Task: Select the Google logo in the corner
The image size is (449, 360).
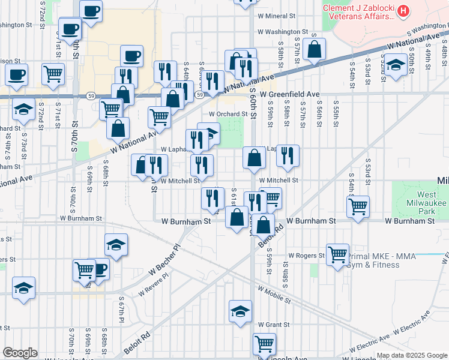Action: pyautogui.click(x=20, y=353)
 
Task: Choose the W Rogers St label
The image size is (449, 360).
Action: pyautogui.click(x=306, y=255)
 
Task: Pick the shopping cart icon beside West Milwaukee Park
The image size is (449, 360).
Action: pyautogui.click(x=358, y=206)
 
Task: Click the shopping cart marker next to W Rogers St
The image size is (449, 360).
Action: pyautogui.click(x=338, y=253)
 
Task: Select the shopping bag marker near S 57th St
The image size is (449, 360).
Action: pyautogui.click(x=314, y=49)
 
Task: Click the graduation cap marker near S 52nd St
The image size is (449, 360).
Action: pyautogui.click(x=396, y=64)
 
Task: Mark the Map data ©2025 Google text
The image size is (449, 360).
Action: pyautogui.click(x=411, y=355)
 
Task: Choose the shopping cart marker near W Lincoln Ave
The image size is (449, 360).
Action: pyautogui.click(x=264, y=344)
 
